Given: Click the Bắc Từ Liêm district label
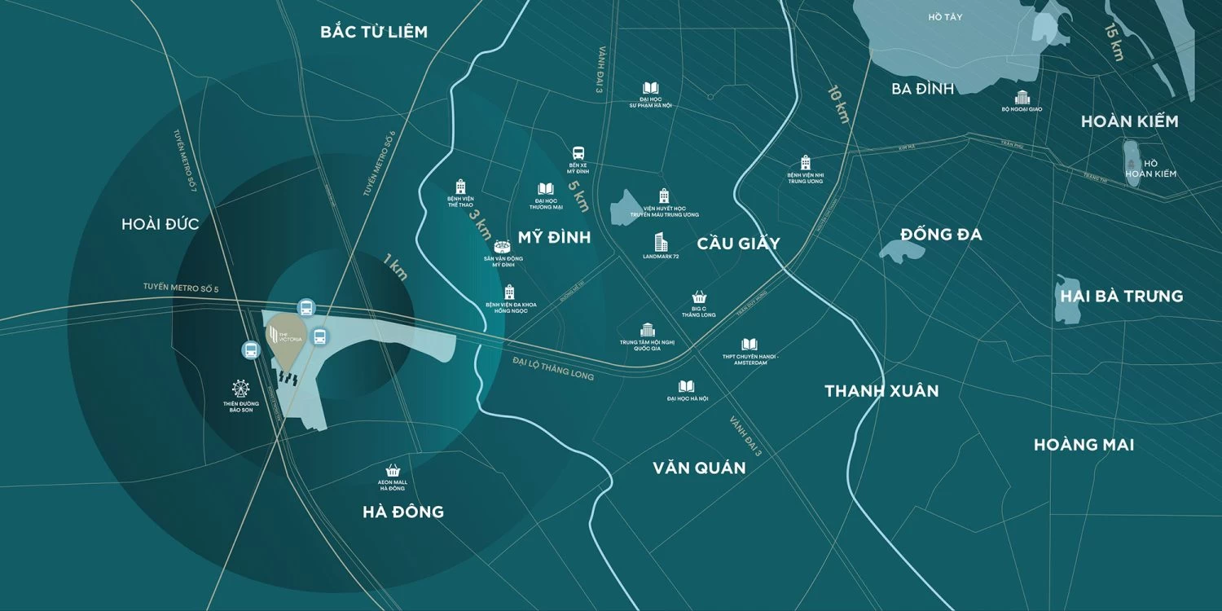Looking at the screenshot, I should click(374, 32).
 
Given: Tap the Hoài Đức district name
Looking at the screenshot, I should click(160, 224).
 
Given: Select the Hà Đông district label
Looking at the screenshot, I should click(403, 512).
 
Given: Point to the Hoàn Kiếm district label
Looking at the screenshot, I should click(1129, 121).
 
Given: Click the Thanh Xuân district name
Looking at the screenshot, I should click(881, 391).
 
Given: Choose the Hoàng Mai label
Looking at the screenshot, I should click(1084, 445).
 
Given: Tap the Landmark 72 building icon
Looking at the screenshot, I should click(661, 242).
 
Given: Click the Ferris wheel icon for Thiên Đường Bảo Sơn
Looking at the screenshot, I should click(240, 389).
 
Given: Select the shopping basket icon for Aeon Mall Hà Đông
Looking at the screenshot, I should click(393, 470).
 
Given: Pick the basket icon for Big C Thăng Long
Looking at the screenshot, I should click(699, 298).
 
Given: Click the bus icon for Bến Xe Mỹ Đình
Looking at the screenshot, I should click(578, 153).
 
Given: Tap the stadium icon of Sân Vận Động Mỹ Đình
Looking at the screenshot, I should click(503, 246).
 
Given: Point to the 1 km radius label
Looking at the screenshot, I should click(395, 268).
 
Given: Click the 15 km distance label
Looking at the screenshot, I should click(1113, 41).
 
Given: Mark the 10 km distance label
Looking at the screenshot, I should click(838, 104).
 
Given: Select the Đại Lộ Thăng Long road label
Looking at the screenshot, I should click(553, 368).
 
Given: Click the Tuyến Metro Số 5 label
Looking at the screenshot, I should click(181, 287).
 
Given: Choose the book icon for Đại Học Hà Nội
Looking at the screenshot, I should click(687, 386).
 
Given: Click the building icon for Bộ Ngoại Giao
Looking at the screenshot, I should click(1022, 97).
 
